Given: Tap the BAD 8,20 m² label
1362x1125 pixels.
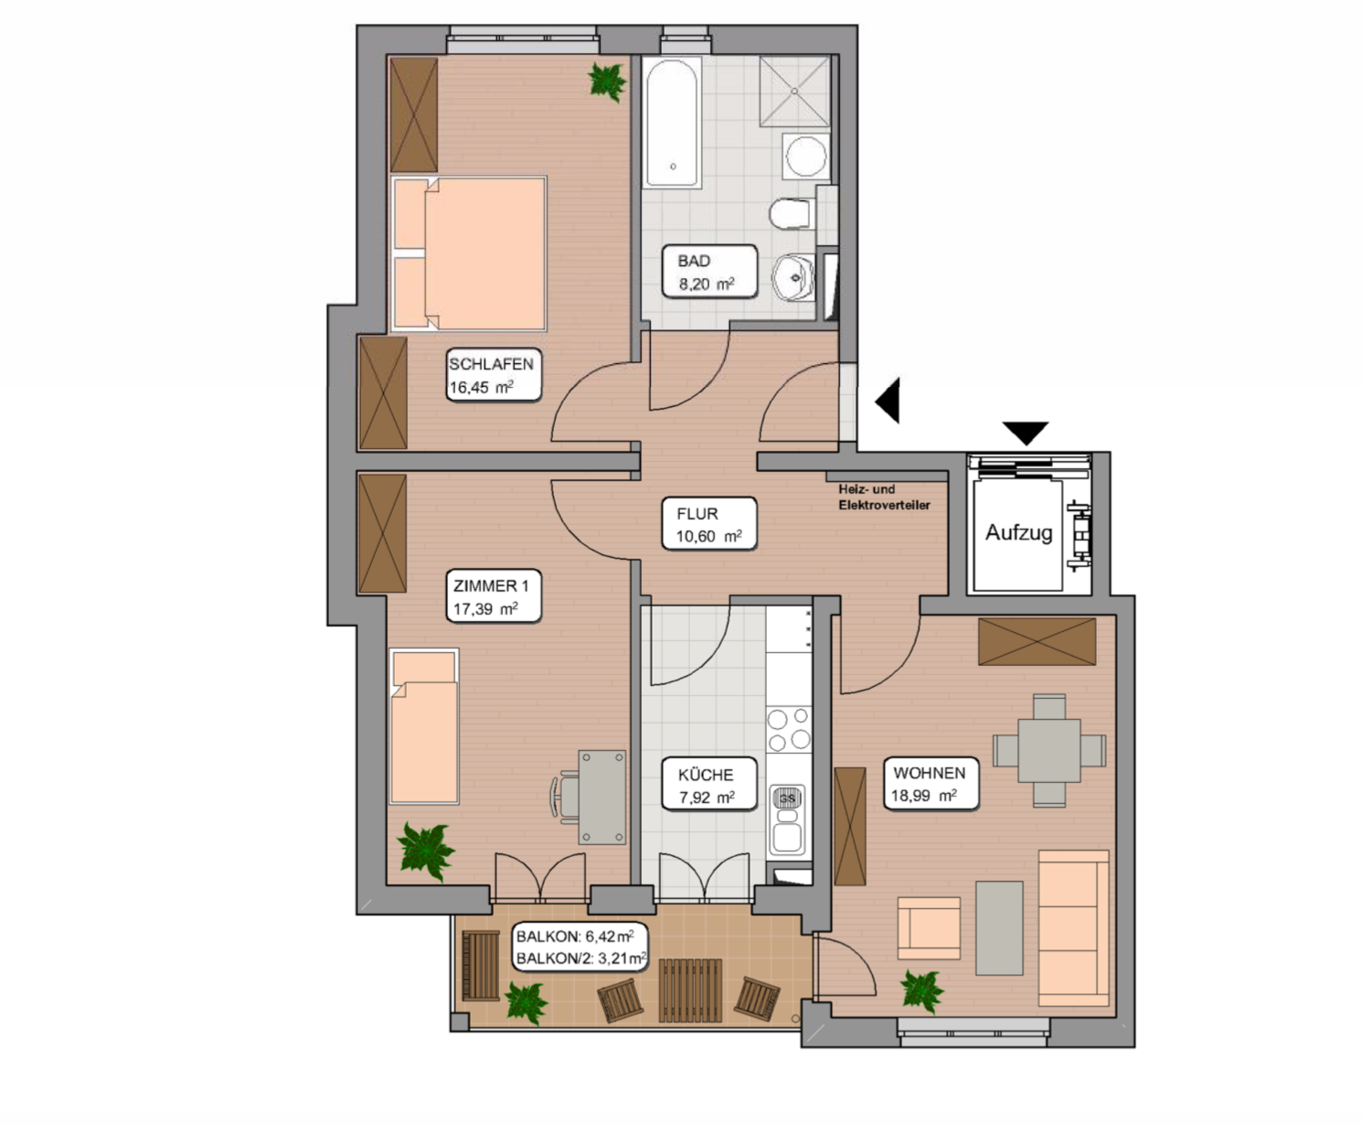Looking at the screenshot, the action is pos(709,272).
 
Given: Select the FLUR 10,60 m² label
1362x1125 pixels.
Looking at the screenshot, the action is pos(709,524).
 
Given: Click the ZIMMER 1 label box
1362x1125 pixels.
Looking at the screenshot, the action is pos(494,596).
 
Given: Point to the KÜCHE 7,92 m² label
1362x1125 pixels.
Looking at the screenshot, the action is pos(709,784).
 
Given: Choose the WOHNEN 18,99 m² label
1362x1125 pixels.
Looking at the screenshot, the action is pos(931,783).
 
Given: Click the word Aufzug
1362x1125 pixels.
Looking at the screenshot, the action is pos(1018,532).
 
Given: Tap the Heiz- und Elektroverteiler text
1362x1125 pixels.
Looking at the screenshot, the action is pos(885,497).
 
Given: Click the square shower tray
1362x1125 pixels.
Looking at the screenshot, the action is pos(795,91).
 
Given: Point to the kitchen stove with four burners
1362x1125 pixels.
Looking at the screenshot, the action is pos(789,730).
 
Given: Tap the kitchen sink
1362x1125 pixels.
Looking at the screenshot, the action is pos(787,820).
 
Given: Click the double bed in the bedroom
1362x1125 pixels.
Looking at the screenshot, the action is pos(468,253).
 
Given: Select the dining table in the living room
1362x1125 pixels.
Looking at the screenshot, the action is pos(1048,750).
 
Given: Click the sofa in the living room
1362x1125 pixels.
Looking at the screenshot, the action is pos(1074,928).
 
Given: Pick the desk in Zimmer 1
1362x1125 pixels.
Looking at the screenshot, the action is pos(602,797).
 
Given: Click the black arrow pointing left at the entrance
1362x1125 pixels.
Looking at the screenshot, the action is pos(888,400).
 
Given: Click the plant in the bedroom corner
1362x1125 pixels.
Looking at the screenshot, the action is pos(607,82).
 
